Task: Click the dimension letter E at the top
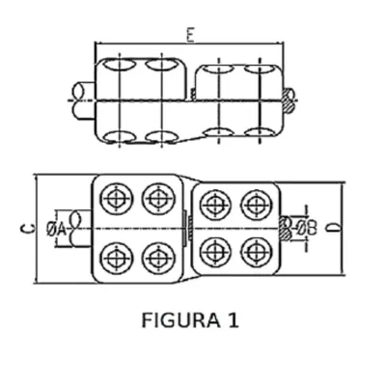190,36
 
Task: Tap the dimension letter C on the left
28,229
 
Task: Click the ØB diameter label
306,228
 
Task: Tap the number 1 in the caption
234,320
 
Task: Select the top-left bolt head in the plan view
116,199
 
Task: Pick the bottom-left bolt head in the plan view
116,259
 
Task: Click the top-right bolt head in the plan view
257,205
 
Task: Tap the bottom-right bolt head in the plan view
257,253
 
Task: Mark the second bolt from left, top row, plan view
158,199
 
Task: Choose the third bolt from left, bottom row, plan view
215,253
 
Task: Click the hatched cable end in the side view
289,100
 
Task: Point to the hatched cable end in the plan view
285,229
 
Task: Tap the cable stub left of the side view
83,100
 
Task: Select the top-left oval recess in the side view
120,64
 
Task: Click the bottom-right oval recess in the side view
260,133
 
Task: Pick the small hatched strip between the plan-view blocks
190,228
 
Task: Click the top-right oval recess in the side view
260,69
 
